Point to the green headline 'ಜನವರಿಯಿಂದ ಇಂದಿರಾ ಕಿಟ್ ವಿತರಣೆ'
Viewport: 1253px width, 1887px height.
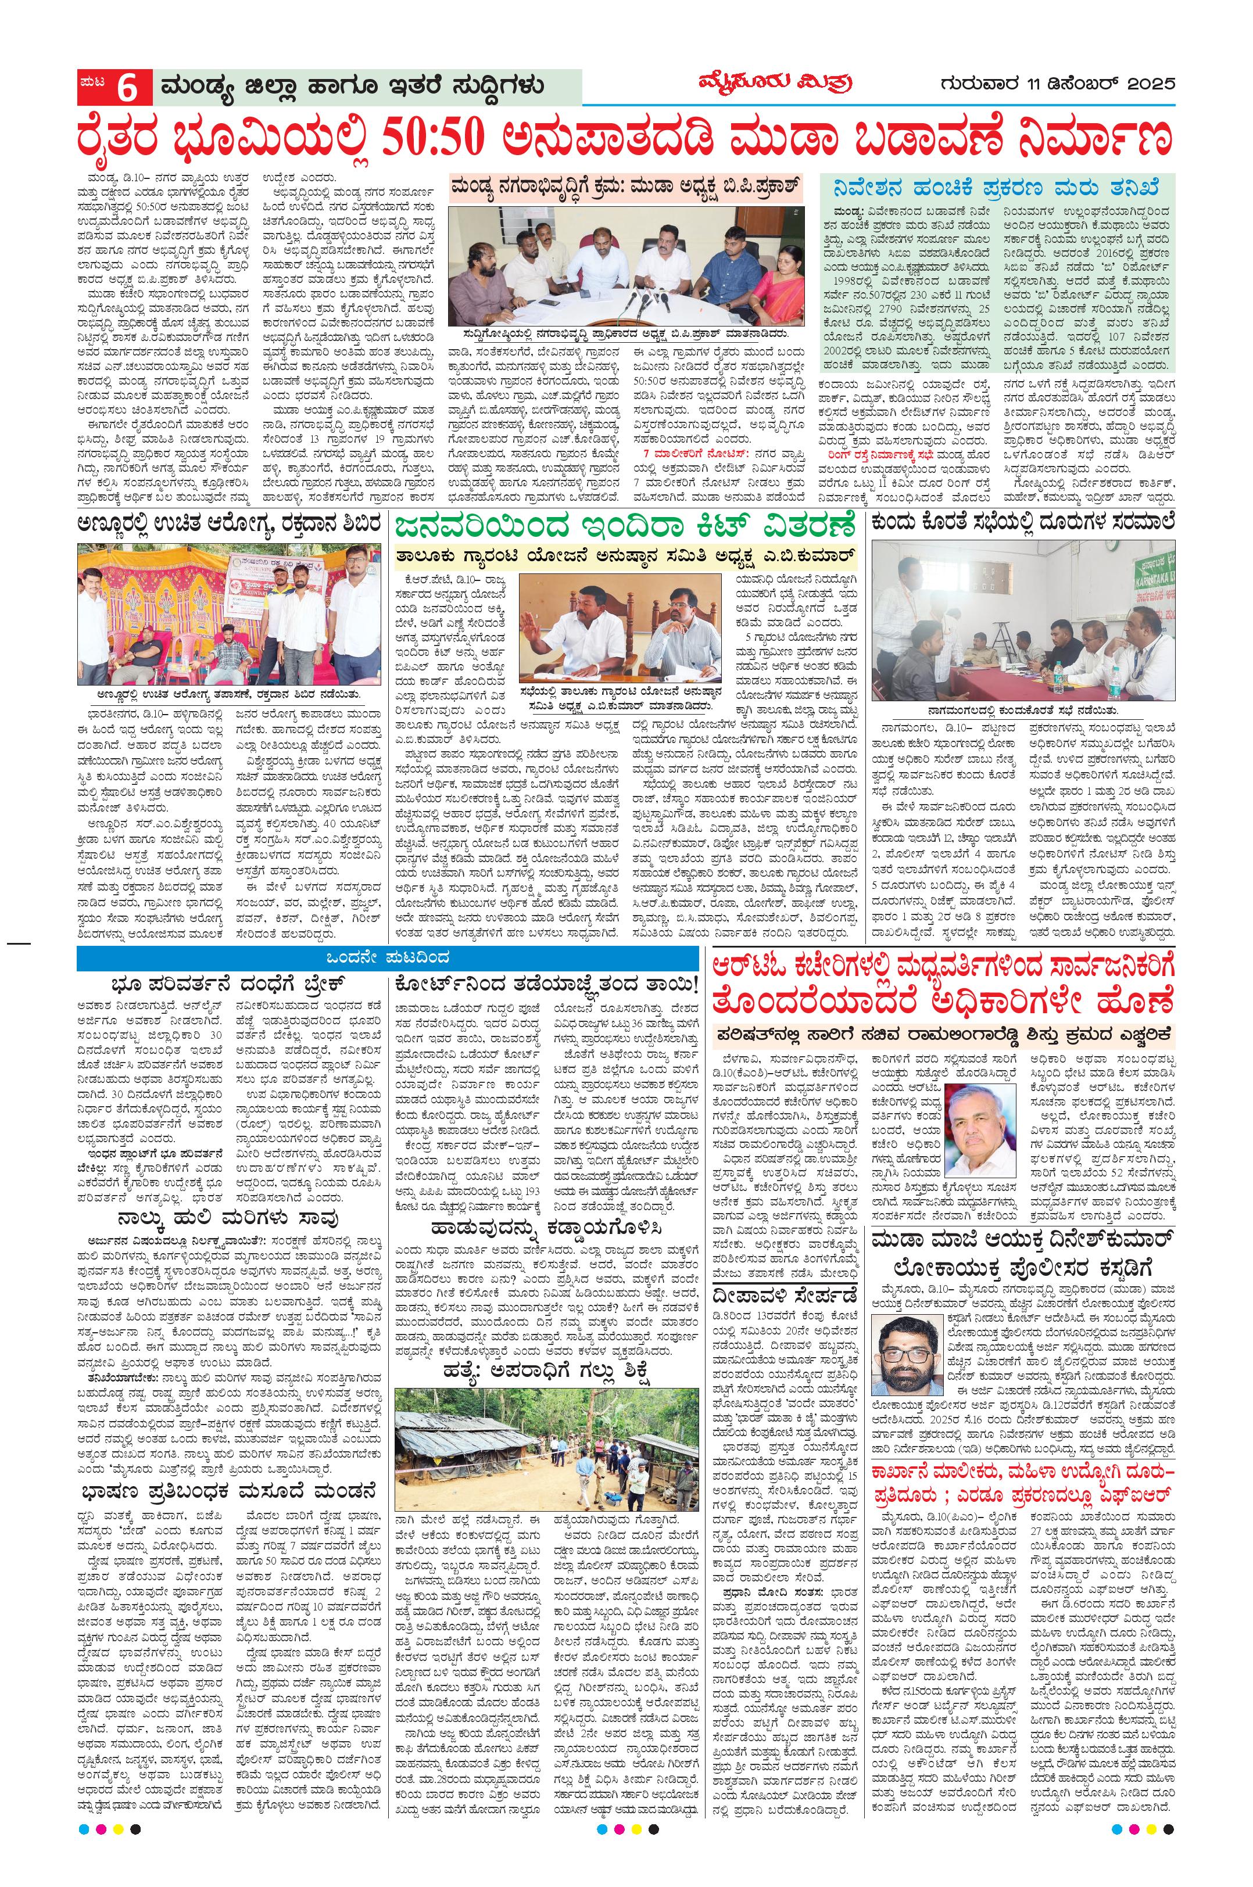(626, 528)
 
